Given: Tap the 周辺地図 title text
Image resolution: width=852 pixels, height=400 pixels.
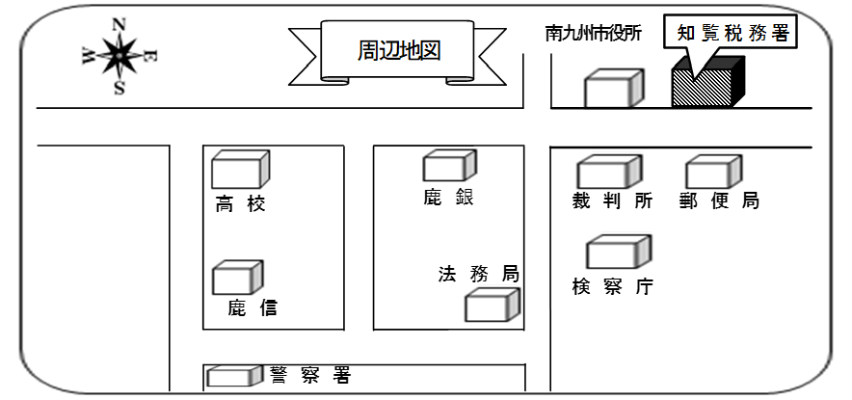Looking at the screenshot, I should coord(398,50).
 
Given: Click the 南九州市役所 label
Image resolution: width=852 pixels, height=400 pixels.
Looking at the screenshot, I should coord(593,34).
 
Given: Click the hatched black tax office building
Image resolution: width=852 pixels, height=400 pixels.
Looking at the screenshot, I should coord(707,85).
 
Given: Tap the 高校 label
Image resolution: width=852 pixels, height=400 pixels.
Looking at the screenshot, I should coord(240,204).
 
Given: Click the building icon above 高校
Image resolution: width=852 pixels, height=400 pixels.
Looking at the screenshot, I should coord(240,170).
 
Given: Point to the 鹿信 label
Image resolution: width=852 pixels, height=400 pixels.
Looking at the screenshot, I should coord(253,308).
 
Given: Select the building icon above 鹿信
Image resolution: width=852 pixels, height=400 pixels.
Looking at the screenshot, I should coord(238,278).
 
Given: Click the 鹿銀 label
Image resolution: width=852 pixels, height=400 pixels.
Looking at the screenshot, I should coord(448,198).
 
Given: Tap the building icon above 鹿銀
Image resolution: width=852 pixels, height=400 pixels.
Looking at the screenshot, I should coord(445,166).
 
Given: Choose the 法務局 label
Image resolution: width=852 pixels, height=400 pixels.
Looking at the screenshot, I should coord(478,274).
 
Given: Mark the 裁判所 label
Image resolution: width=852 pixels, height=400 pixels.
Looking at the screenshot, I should coord(612,201).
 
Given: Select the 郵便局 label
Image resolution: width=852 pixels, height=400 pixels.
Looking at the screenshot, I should coord(721,201).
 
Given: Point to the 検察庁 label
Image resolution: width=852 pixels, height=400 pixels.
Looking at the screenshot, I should coord(612,286).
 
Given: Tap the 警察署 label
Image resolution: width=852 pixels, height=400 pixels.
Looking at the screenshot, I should coord(310,375).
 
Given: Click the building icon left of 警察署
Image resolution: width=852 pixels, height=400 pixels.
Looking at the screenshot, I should coord(234,377).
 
